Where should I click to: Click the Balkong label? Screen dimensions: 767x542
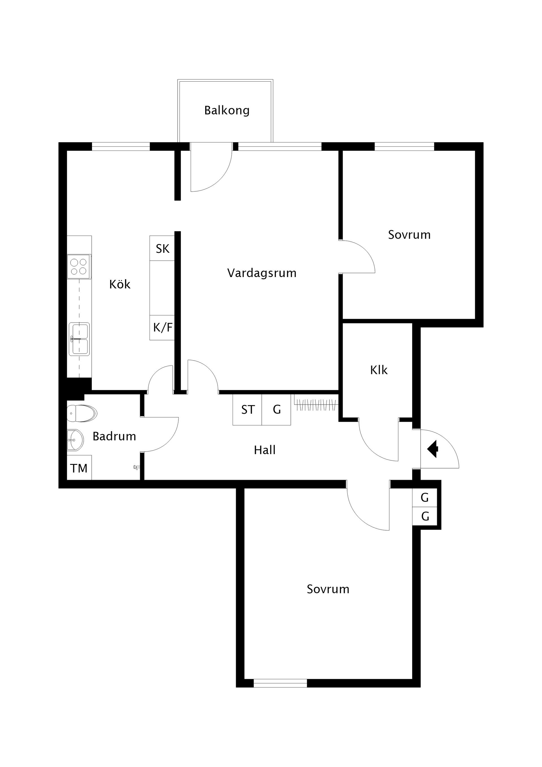tap(227, 110)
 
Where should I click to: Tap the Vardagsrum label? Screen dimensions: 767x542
tap(261, 273)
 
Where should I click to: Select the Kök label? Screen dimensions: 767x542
tap(120, 284)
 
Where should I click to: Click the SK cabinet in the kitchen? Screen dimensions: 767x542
tap(162, 249)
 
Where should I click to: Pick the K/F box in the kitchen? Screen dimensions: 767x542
tap(162, 328)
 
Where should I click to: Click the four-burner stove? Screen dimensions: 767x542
tap(79, 267)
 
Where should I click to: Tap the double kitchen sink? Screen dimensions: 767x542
tap(79, 339)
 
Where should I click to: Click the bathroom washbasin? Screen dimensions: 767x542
tap(75, 440)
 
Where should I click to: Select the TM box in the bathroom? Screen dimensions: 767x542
tap(79, 468)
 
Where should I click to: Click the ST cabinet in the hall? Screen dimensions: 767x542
tap(248, 409)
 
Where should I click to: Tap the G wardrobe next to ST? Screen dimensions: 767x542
tap(277, 409)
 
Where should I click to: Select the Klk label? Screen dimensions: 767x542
tap(379, 370)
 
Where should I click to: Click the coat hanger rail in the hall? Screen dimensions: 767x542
tap(315, 405)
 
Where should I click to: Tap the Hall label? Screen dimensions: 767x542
tap(265, 450)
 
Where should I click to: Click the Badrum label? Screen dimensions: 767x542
tap(114, 436)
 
